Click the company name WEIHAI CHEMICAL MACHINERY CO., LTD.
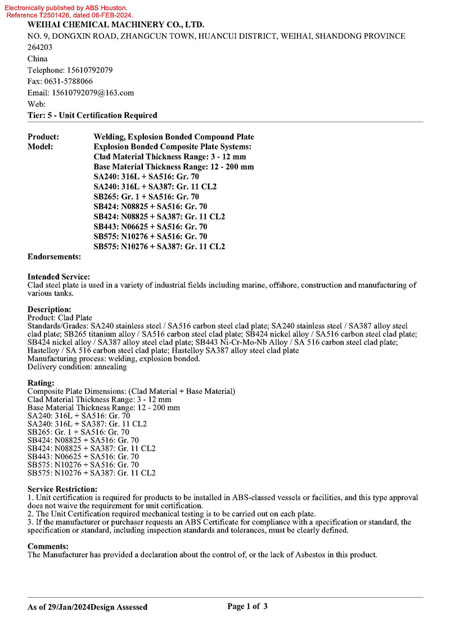point(116,25)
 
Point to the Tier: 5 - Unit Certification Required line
point(92,115)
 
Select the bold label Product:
point(43,137)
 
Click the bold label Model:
point(40,147)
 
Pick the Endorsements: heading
point(54,257)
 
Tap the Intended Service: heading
point(58,277)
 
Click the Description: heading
point(49,309)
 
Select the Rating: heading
point(41,383)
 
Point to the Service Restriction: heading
point(62,489)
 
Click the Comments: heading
point(48,546)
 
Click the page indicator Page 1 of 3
point(247,606)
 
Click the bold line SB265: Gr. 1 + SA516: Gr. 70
point(146,196)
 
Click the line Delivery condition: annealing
point(77,367)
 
